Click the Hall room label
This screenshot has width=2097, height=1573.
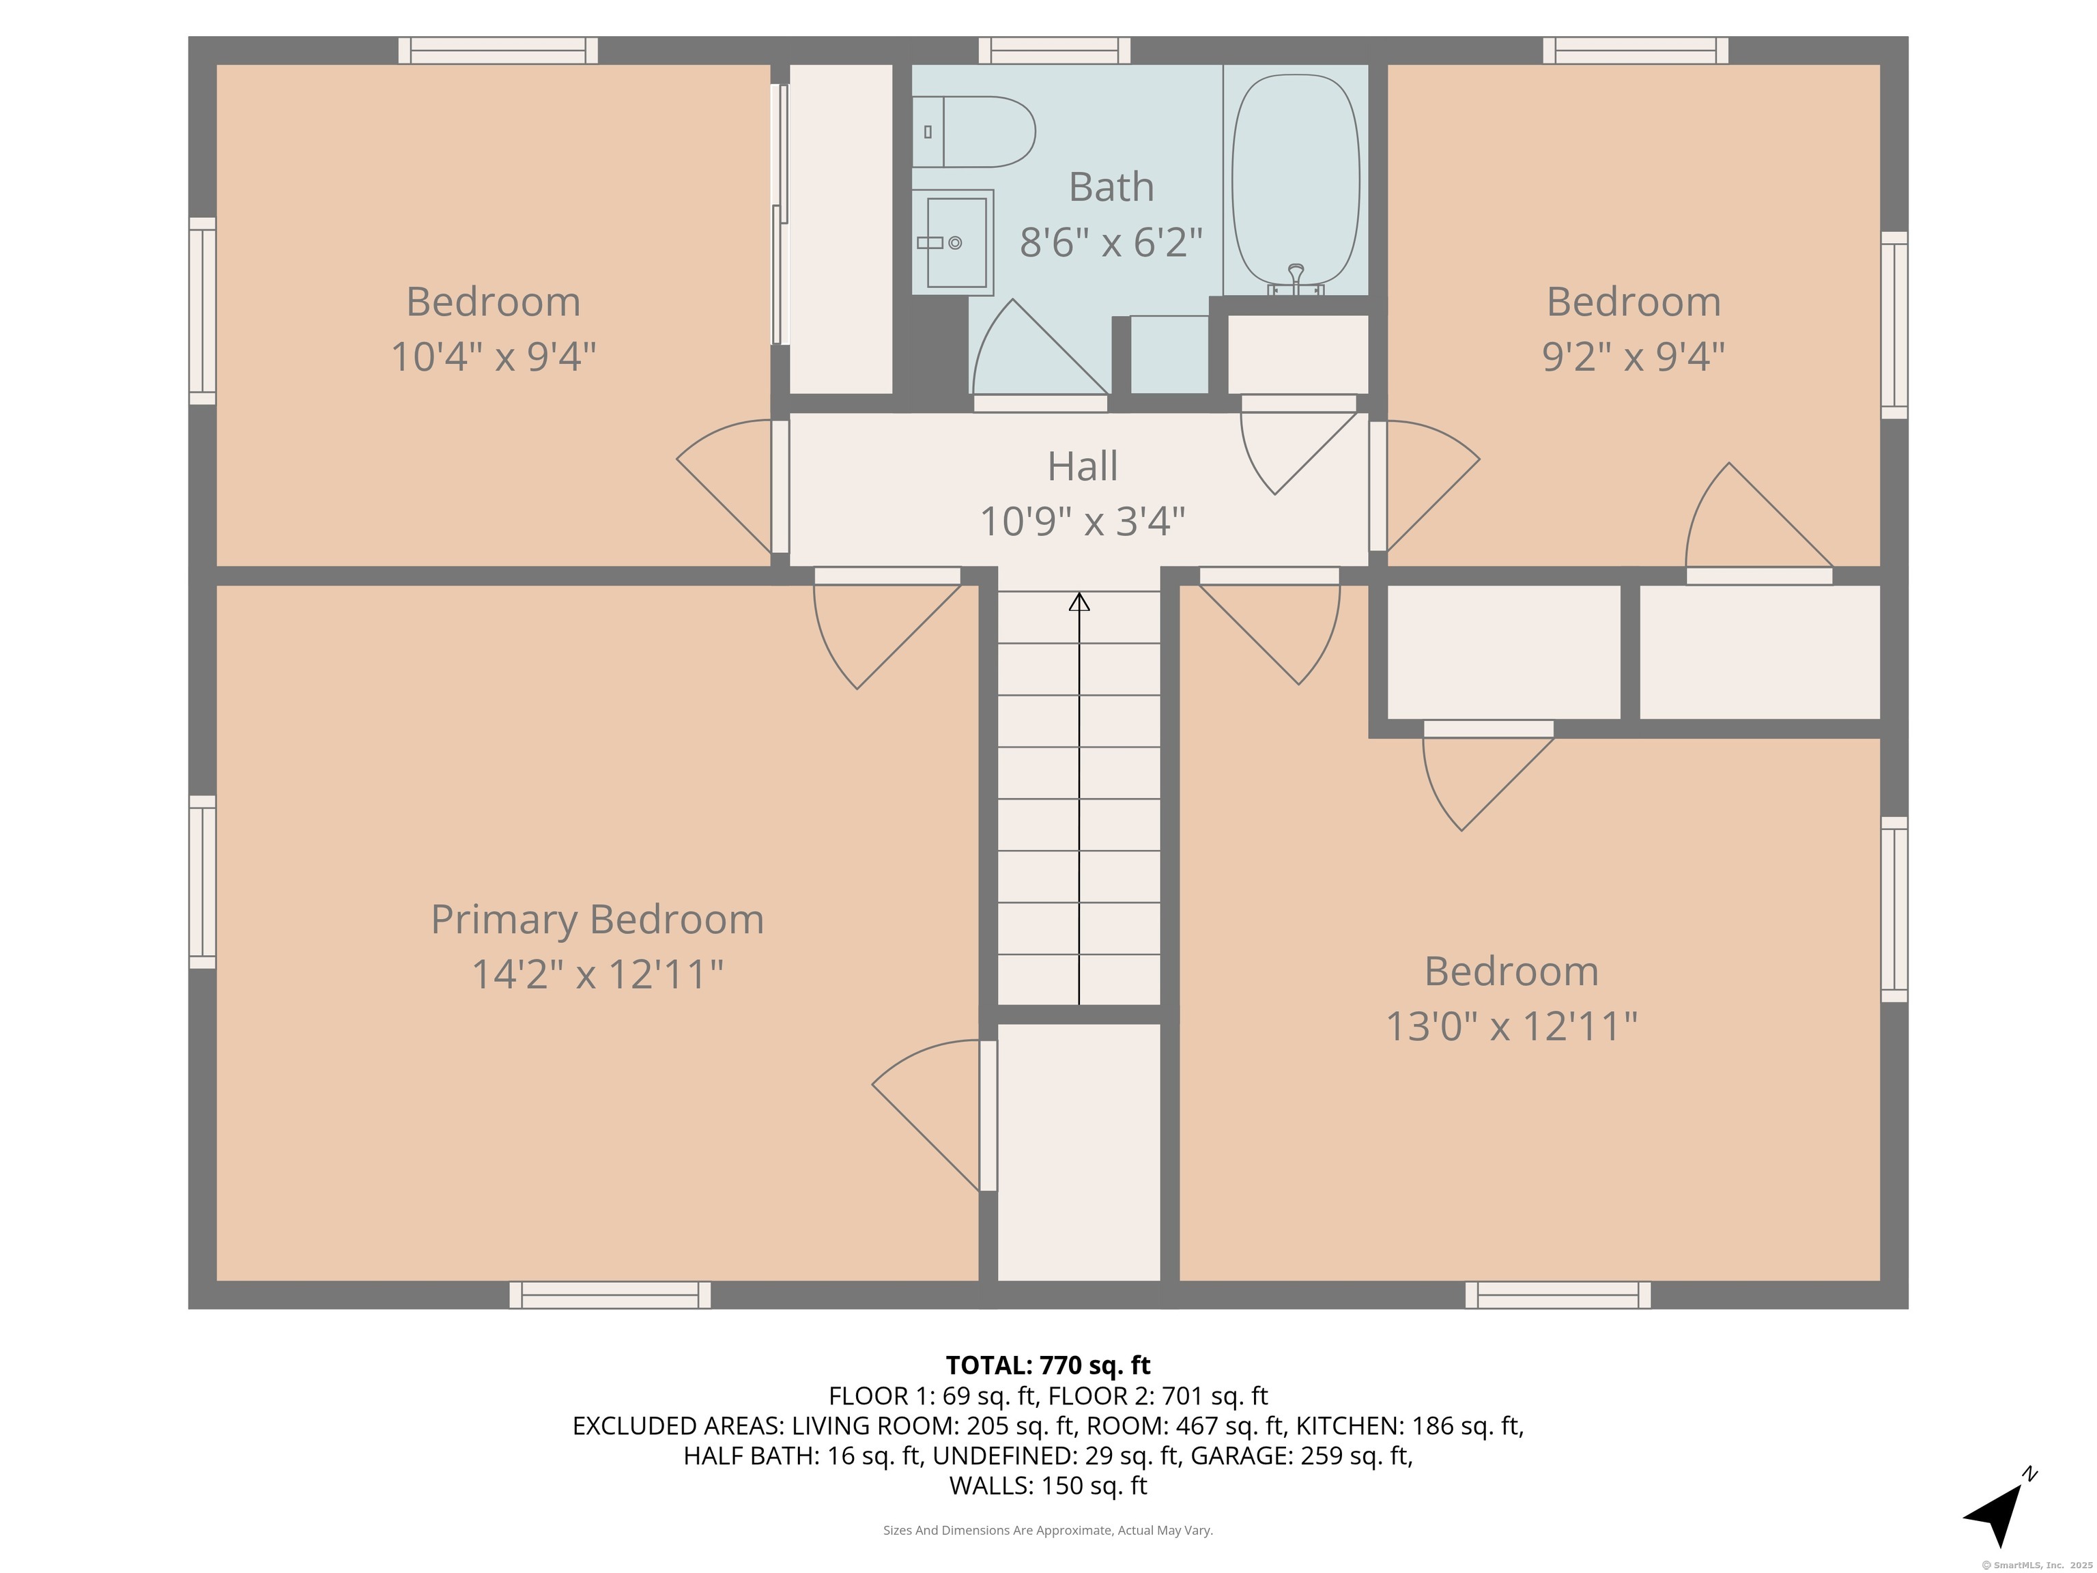tap(1082, 466)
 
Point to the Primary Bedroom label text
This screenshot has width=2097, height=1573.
tap(597, 920)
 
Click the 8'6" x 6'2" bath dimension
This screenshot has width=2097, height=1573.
tap(1111, 243)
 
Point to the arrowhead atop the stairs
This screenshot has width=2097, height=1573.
tap(1079, 601)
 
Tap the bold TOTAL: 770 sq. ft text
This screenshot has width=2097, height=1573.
tap(1048, 1365)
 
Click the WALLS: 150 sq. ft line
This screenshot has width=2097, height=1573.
tap(1048, 1486)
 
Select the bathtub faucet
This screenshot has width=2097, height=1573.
tap(1295, 278)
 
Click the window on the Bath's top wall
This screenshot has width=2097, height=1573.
tap(1054, 51)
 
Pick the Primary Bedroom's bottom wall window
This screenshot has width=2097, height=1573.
tap(610, 1295)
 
